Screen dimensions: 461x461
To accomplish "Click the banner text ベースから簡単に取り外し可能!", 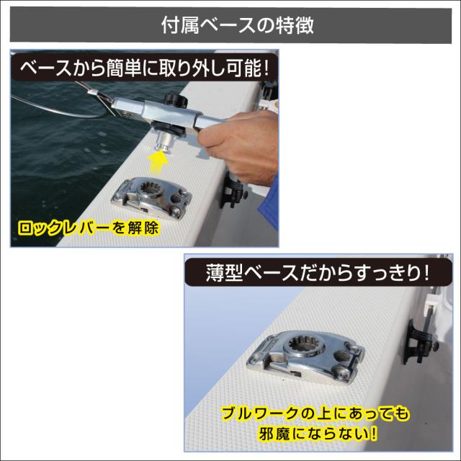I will coord(144,69).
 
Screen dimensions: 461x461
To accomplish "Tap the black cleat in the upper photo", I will coord(234,190).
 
